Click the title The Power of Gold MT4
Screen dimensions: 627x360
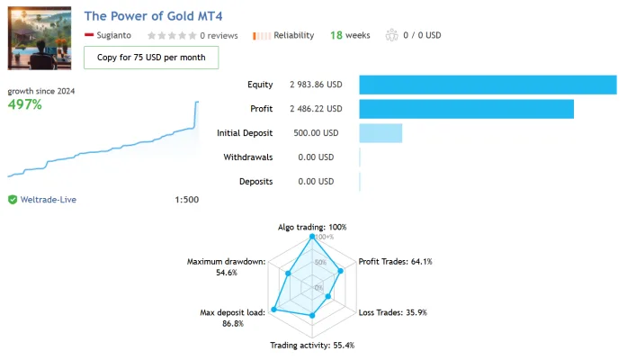tap(153, 16)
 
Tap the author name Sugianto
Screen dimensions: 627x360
tap(114, 35)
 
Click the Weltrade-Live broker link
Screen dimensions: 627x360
tap(49, 200)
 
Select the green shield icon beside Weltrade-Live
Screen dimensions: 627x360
tap(13, 200)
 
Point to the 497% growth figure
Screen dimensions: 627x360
tap(25, 104)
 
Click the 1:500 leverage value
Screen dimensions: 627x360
tap(187, 200)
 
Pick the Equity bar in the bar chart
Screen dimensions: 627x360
tap(488, 85)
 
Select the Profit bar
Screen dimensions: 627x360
tap(466, 109)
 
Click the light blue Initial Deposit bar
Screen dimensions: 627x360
tap(381, 133)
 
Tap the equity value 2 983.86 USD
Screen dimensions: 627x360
tap(316, 85)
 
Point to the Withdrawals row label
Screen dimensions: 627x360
tap(248, 157)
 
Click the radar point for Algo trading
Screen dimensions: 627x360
tap(312, 237)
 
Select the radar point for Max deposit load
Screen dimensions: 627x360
tap(273, 310)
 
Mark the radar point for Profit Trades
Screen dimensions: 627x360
tap(341, 271)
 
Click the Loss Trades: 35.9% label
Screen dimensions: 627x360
tap(393, 312)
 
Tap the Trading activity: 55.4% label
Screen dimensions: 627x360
tap(312, 346)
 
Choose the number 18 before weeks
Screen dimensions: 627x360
tap(336, 35)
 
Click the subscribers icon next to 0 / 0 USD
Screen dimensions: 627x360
tap(392, 35)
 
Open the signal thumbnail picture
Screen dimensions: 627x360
tap(40, 38)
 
